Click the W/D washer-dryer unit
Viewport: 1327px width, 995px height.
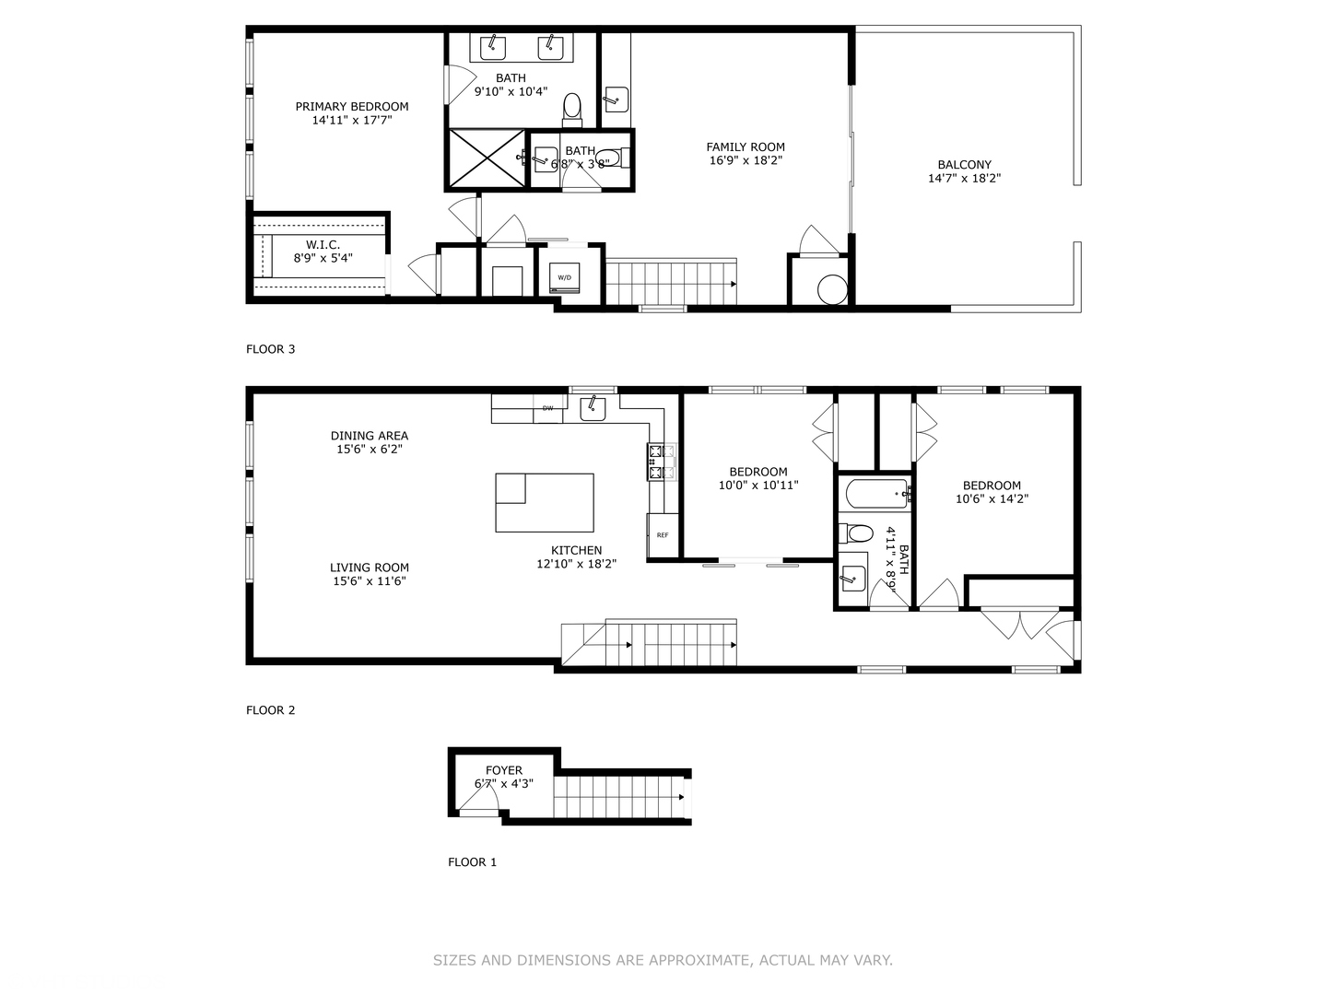(x=564, y=278)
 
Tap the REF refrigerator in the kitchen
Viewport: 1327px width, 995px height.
(x=663, y=535)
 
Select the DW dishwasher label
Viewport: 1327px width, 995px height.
(x=547, y=408)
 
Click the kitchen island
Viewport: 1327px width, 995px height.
(x=544, y=503)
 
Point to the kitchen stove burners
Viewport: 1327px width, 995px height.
(x=662, y=462)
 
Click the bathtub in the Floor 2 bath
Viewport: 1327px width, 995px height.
(x=874, y=494)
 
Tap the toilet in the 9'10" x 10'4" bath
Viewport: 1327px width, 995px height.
(x=571, y=111)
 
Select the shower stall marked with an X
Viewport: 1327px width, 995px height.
(x=487, y=158)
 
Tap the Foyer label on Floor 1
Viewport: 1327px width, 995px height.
(x=503, y=770)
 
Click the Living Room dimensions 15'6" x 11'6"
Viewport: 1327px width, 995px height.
(x=370, y=581)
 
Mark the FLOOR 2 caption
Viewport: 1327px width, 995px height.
(x=270, y=709)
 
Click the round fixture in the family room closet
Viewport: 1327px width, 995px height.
(x=832, y=290)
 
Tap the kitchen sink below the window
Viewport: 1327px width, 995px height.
(x=593, y=408)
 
